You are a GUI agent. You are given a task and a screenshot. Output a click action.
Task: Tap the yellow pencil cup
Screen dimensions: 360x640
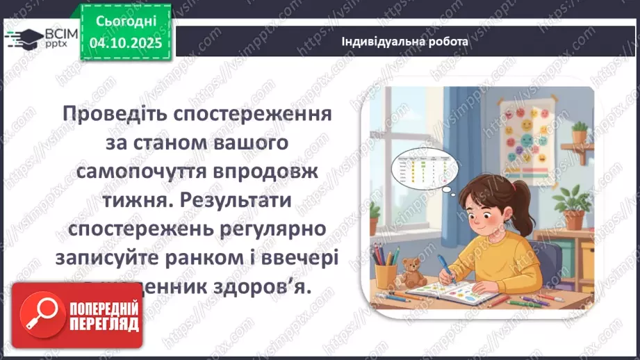pos(386,273)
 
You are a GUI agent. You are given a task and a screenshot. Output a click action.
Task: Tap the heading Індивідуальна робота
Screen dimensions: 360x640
pos(404,41)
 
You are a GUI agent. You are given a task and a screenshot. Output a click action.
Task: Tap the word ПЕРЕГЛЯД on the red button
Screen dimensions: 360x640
pos(105,323)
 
